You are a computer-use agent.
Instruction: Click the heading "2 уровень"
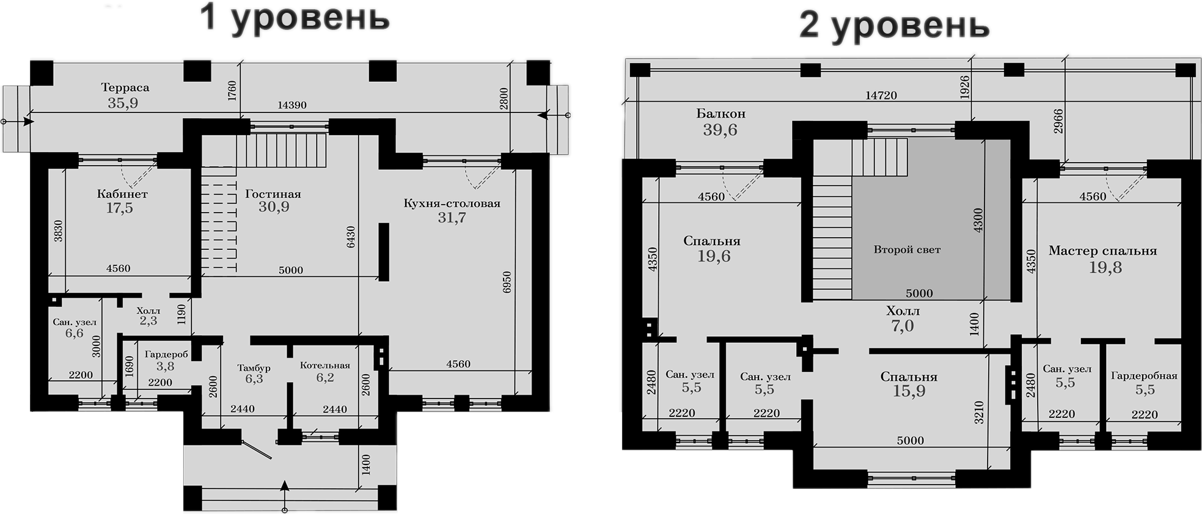895,26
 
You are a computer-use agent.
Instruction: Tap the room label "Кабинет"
122,194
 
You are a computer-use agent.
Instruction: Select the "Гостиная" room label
273,194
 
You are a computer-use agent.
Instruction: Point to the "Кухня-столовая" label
452,203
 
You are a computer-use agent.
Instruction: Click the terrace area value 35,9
123,103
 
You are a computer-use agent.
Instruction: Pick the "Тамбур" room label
254,368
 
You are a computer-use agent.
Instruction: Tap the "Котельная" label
324,365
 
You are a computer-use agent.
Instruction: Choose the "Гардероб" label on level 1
166,354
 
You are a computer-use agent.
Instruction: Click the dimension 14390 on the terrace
292,105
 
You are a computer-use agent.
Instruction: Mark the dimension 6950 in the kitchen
507,282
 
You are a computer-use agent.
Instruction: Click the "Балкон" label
721,114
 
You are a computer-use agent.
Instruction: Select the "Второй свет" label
907,249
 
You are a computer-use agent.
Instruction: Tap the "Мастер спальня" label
1102,251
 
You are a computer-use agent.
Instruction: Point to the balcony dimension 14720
881,95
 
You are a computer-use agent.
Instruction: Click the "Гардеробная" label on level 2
1144,376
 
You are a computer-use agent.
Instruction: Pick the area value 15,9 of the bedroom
909,391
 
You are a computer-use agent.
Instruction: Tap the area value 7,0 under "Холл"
903,326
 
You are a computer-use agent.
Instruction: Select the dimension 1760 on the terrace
232,91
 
